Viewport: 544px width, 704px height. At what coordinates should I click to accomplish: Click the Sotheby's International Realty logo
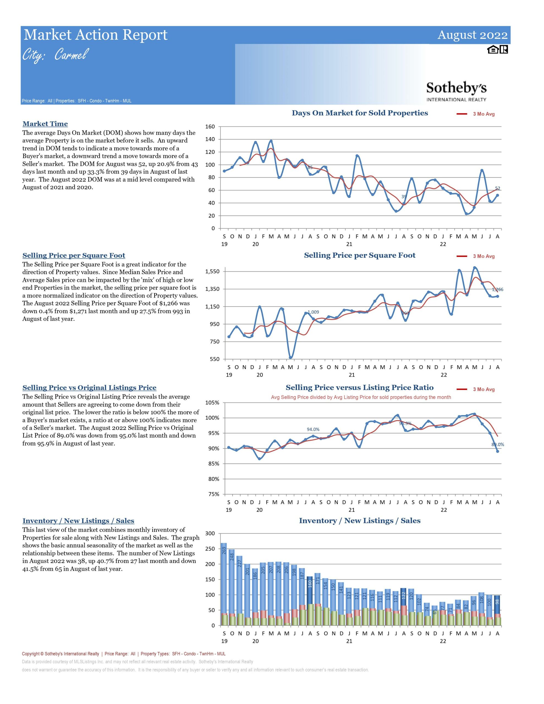click(x=456, y=92)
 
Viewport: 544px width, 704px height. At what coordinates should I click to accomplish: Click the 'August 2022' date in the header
click(x=472, y=35)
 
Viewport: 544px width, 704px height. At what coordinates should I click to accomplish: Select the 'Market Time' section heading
click(x=45, y=124)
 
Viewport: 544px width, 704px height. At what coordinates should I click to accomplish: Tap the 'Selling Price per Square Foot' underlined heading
click(x=74, y=256)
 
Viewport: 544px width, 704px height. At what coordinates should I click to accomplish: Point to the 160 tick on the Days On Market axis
click(x=210, y=127)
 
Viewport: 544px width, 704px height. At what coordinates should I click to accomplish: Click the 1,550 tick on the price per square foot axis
click(x=212, y=271)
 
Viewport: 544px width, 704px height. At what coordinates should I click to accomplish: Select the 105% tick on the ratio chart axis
click(x=212, y=403)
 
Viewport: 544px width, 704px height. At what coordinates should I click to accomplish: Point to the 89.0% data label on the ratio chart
click(x=498, y=444)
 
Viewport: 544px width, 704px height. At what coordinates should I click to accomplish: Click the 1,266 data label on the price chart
click(x=497, y=290)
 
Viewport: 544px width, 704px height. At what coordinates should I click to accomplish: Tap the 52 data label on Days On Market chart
click(x=498, y=189)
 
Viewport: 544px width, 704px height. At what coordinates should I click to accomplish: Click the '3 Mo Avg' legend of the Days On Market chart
click(x=476, y=114)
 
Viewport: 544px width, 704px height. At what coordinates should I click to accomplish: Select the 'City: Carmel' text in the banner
click(x=55, y=55)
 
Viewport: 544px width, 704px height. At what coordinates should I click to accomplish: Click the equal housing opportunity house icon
click(x=492, y=50)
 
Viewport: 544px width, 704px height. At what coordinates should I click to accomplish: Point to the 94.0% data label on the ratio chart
click(x=313, y=429)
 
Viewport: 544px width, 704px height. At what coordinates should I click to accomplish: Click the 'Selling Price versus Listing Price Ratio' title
click(x=359, y=388)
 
